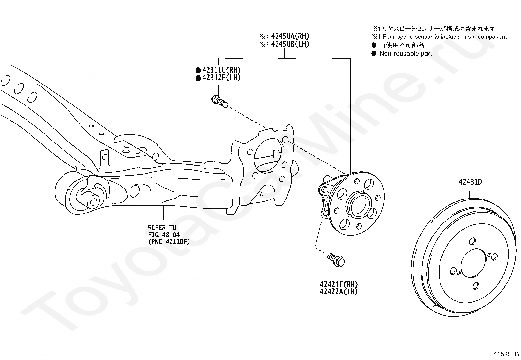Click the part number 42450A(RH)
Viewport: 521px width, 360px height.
(x=290, y=36)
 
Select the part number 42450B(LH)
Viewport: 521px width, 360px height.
(x=290, y=44)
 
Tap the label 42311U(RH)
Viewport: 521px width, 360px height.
(x=221, y=70)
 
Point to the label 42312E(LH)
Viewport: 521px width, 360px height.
(x=221, y=78)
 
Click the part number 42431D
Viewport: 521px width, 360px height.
(x=470, y=182)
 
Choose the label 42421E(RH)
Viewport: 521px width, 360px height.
(x=339, y=284)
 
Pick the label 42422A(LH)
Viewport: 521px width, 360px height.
(x=339, y=291)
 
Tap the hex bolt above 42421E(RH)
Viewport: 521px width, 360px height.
(x=336, y=259)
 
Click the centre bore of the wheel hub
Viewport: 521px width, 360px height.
(x=359, y=205)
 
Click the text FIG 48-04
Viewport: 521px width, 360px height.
(x=164, y=235)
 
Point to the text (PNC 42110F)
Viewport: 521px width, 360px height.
(x=169, y=242)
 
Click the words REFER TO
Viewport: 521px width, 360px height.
(x=162, y=227)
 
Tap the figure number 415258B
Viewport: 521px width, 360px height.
(x=506, y=354)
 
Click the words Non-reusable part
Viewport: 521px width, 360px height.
(x=406, y=54)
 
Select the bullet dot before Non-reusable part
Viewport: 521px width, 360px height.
(x=374, y=54)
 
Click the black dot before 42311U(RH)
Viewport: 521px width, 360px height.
(x=198, y=70)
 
